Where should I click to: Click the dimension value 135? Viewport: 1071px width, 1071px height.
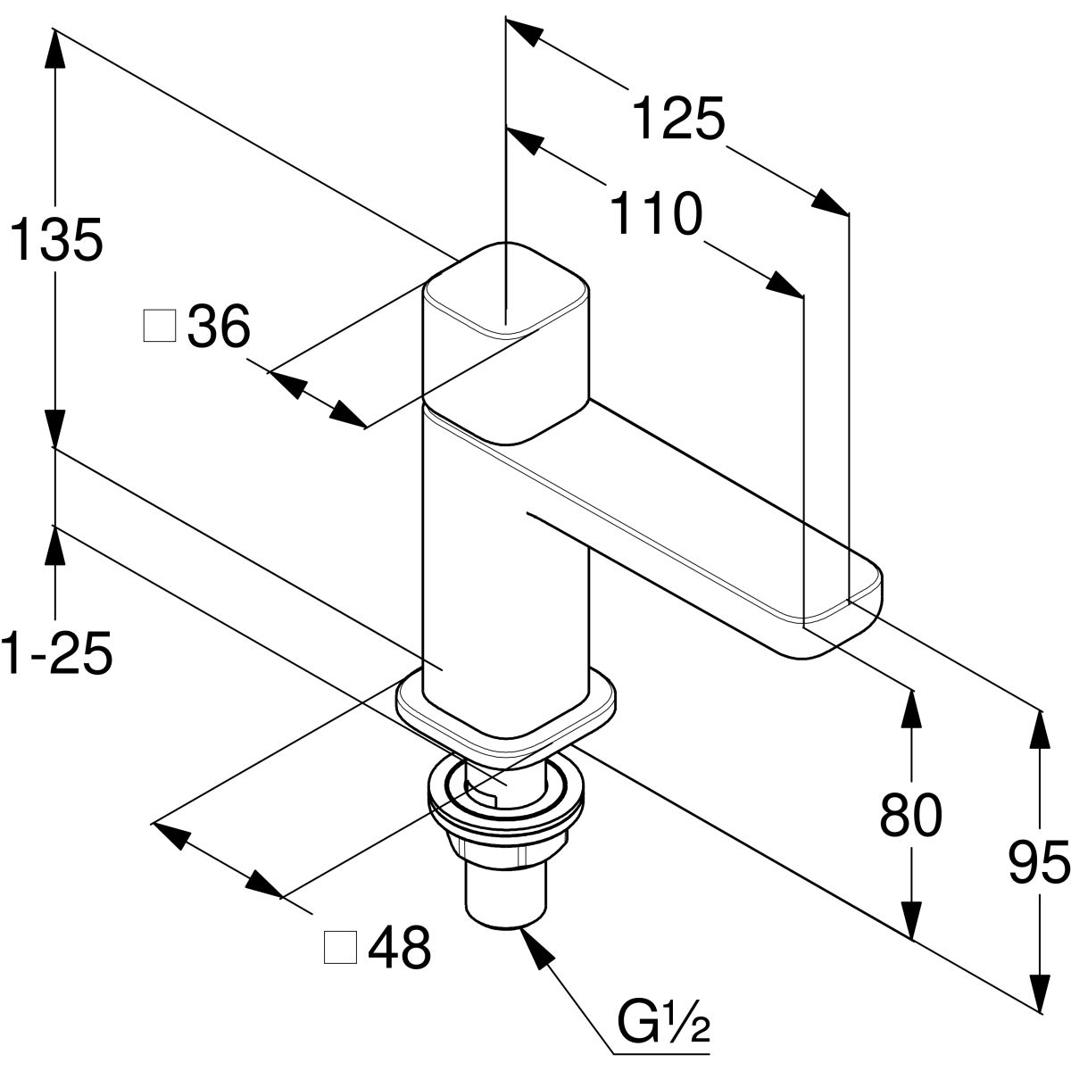click(x=55, y=241)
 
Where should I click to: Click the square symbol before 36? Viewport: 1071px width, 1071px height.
click(x=160, y=327)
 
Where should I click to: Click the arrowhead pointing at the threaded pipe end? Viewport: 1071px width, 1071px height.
click(x=535, y=946)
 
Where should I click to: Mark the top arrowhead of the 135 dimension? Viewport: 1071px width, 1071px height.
click(x=55, y=49)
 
